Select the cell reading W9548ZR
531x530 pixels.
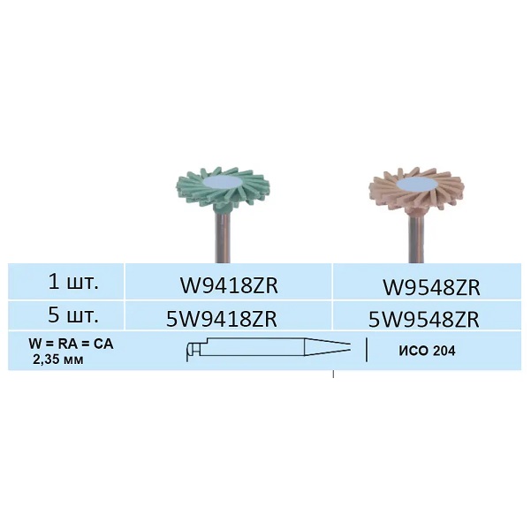431,287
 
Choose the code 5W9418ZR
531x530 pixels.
230,319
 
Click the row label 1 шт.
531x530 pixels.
72,284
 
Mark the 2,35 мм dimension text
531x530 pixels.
56,360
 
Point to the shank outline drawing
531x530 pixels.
265,350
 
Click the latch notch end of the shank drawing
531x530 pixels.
190,350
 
